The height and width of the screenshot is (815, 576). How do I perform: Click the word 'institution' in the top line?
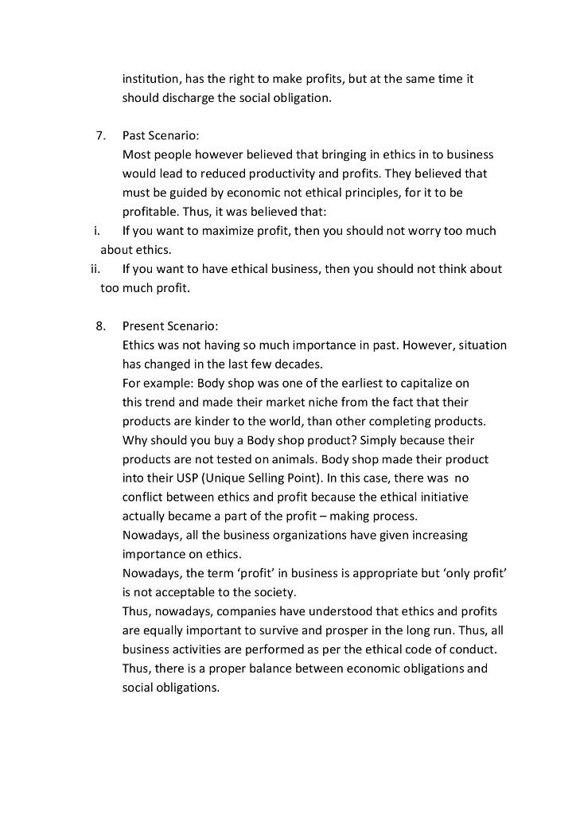[150, 80]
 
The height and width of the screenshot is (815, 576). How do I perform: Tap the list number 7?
[100, 135]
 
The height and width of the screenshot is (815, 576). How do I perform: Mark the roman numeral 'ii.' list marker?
[95, 269]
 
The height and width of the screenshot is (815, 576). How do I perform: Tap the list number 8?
[100, 326]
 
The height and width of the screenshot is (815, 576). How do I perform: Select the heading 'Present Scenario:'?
[169, 326]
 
